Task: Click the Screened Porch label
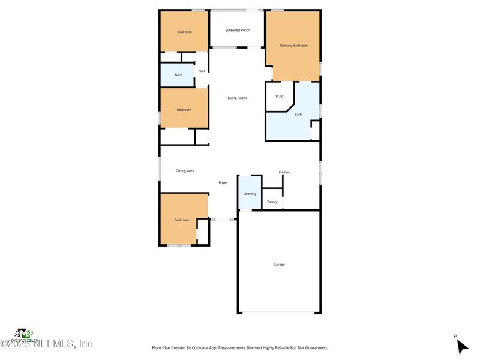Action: coord(238,30)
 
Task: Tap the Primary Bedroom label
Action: coord(293,45)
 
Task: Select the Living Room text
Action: coord(237,98)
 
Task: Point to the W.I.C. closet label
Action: coord(279,96)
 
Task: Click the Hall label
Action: coord(202,71)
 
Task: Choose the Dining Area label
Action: coord(185,171)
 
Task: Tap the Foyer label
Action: coord(223,182)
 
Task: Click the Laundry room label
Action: coord(250,193)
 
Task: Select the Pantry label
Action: coord(272,202)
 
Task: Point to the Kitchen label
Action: coord(284,172)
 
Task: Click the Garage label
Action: coord(279,265)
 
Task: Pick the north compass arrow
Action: coord(461,346)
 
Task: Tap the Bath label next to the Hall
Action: coord(178,75)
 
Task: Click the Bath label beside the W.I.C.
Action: coord(298,114)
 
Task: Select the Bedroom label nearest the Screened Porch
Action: coord(184,32)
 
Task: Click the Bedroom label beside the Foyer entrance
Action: coord(182,220)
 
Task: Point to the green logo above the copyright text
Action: coord(23,333)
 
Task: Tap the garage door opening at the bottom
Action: coord(279,313)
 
